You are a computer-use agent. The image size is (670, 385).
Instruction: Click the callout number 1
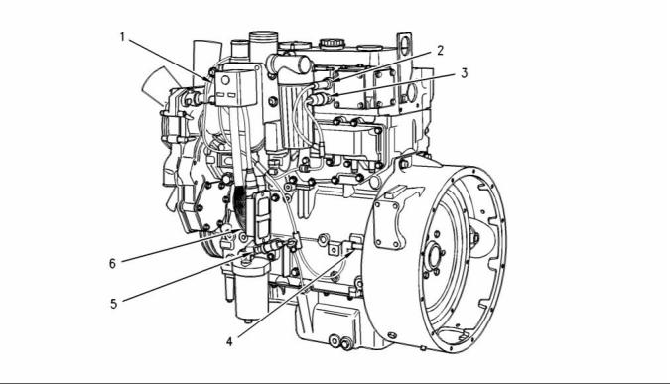[x=122, y=37]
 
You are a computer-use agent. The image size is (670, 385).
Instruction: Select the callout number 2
[x=440, y=51]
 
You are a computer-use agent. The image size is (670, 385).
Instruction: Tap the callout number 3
[x=465, y=73]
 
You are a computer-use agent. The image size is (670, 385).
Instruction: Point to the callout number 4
[x=230, y=342]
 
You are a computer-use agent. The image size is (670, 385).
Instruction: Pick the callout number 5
[x=114, y=304]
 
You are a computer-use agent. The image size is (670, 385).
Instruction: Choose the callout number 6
[x=112, y=264]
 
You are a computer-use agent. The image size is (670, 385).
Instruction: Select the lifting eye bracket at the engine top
[x=404, y=45]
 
